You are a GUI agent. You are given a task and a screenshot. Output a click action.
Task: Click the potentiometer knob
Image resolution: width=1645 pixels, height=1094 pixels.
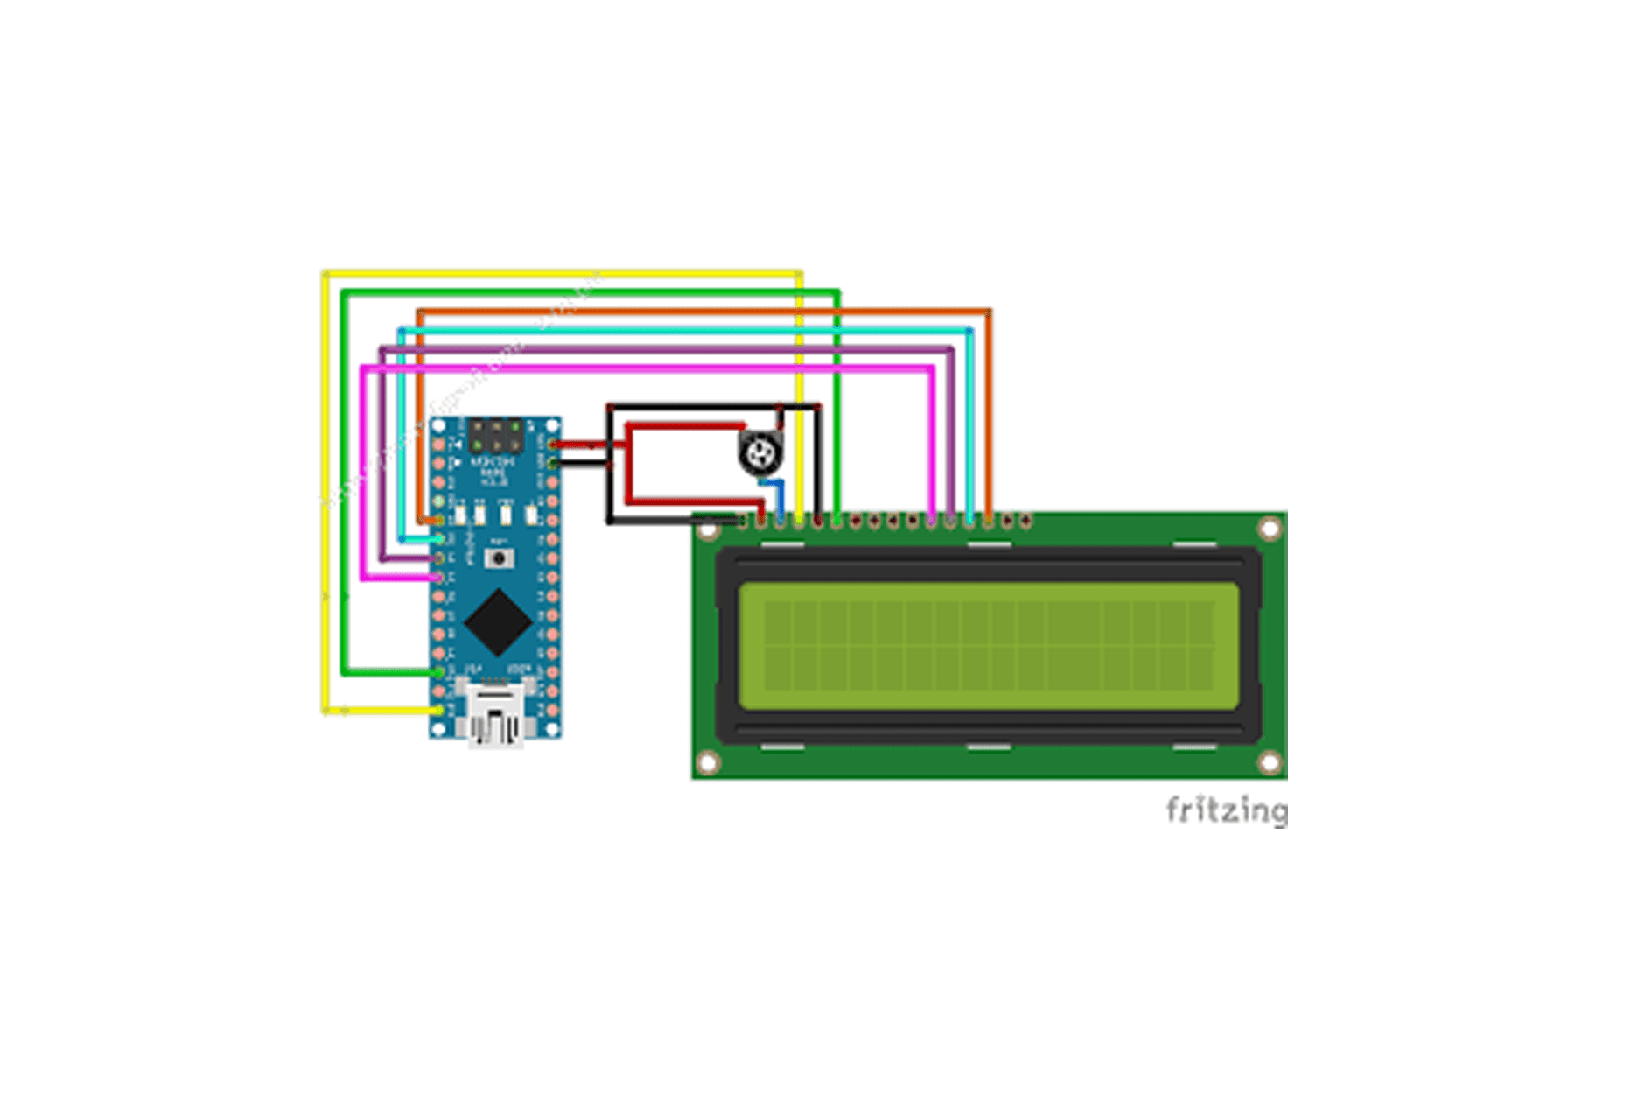click(758, 453)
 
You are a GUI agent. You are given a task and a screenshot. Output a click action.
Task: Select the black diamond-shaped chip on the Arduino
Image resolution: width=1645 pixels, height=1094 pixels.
click(498, 621)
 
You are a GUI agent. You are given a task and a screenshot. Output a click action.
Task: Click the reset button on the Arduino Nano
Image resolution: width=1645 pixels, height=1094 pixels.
click(499, 558)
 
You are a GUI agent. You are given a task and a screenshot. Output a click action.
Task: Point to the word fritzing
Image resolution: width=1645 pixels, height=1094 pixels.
click(1226, 810)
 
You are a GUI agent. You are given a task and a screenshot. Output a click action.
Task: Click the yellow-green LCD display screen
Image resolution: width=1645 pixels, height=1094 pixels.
click(989, 646)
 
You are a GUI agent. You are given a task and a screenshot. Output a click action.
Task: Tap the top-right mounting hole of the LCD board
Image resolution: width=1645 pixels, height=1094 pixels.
click(1269, 529)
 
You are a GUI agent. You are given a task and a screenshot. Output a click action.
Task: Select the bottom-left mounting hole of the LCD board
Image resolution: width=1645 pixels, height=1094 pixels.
click(709, 763)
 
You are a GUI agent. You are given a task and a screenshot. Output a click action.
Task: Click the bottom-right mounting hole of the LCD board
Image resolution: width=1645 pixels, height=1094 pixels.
click(1269, 763)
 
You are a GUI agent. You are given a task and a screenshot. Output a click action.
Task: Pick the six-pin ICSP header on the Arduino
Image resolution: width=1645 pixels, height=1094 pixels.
click(496, 436)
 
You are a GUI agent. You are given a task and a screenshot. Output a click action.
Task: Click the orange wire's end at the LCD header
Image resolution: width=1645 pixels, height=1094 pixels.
click(989, 521)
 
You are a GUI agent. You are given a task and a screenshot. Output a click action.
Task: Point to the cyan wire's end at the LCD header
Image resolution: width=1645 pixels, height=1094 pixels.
click(969, 521)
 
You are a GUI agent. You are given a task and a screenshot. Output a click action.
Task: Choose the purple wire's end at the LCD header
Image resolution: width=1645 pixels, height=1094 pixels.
click(951, 521)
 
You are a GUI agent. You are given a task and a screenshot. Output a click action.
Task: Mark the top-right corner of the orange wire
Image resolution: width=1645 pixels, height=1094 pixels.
click(989, 312)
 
